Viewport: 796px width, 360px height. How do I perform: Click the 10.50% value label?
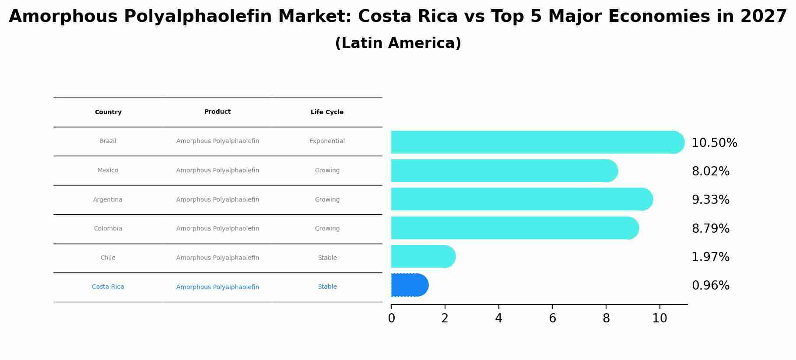(714, 143)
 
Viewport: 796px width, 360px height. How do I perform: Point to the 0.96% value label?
(710, 286)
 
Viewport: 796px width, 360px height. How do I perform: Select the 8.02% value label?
(710, 171)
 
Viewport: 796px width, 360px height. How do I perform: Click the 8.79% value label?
(710, 229)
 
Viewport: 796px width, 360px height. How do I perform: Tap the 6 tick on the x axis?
(552, 318)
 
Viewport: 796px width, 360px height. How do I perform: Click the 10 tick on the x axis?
(659, 318)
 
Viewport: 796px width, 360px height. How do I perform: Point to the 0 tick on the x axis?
(391, 318)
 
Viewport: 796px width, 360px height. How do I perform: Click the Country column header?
(108, 112)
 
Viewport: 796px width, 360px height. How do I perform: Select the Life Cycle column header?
(327, 112)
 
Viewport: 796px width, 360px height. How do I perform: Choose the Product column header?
(217, 112)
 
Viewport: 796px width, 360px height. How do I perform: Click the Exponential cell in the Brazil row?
(327, 141)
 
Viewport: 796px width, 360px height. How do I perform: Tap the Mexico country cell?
(108, 171)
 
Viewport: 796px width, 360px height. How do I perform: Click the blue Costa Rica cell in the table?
(108, 287)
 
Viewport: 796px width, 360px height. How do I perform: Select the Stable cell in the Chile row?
(327, 258)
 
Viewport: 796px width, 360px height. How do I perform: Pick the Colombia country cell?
(108, 229)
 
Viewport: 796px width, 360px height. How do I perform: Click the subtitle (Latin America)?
(398, 43)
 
